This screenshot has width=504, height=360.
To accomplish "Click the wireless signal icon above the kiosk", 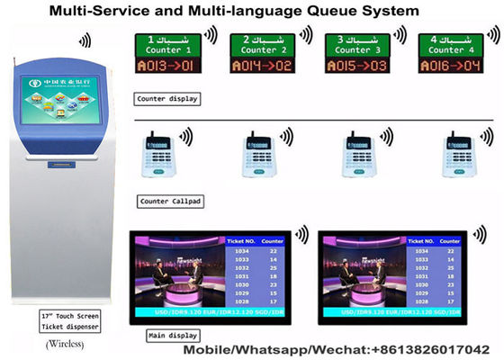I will (x=84, y=41).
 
